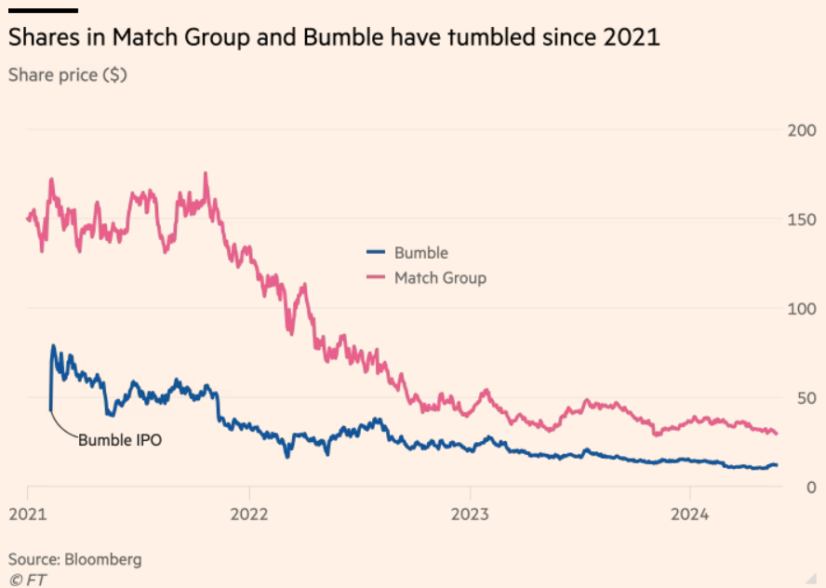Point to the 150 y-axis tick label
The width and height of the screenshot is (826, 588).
coord(801,220)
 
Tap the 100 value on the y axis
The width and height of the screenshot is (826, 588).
coord(801,309)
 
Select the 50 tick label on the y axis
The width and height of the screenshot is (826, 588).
coord(806,398)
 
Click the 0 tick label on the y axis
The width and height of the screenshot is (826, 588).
coord(810,488)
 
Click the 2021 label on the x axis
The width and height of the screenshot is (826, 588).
coord(28,513)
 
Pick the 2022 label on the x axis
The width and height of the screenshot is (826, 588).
coord(248,513)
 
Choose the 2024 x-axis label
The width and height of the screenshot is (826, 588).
coord(689,513)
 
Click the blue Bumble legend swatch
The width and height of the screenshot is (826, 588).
coord(376,252)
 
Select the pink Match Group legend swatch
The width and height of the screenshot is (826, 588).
coord(376,277)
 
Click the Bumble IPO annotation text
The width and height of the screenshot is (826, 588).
coord(119,440)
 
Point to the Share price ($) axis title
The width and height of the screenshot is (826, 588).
coord(67,75)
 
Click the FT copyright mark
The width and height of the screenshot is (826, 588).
coord(28,579)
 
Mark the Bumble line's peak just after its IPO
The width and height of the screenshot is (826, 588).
coord(53,346)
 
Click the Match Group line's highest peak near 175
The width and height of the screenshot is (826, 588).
coord(206,173)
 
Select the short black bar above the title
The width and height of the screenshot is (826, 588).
coord(43,10)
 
